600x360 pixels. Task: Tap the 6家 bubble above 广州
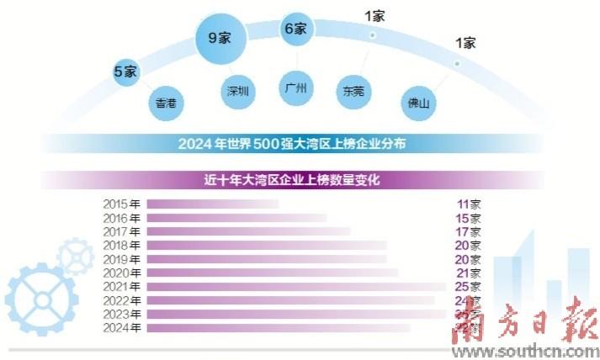point(295,29)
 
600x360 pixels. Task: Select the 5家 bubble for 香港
point(125,71)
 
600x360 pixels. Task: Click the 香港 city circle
point(166,103)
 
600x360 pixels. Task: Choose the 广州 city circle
point(296,86)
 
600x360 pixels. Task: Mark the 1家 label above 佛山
point(465,43)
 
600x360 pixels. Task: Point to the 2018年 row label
point(122,245)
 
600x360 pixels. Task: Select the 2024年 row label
point(122,327)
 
